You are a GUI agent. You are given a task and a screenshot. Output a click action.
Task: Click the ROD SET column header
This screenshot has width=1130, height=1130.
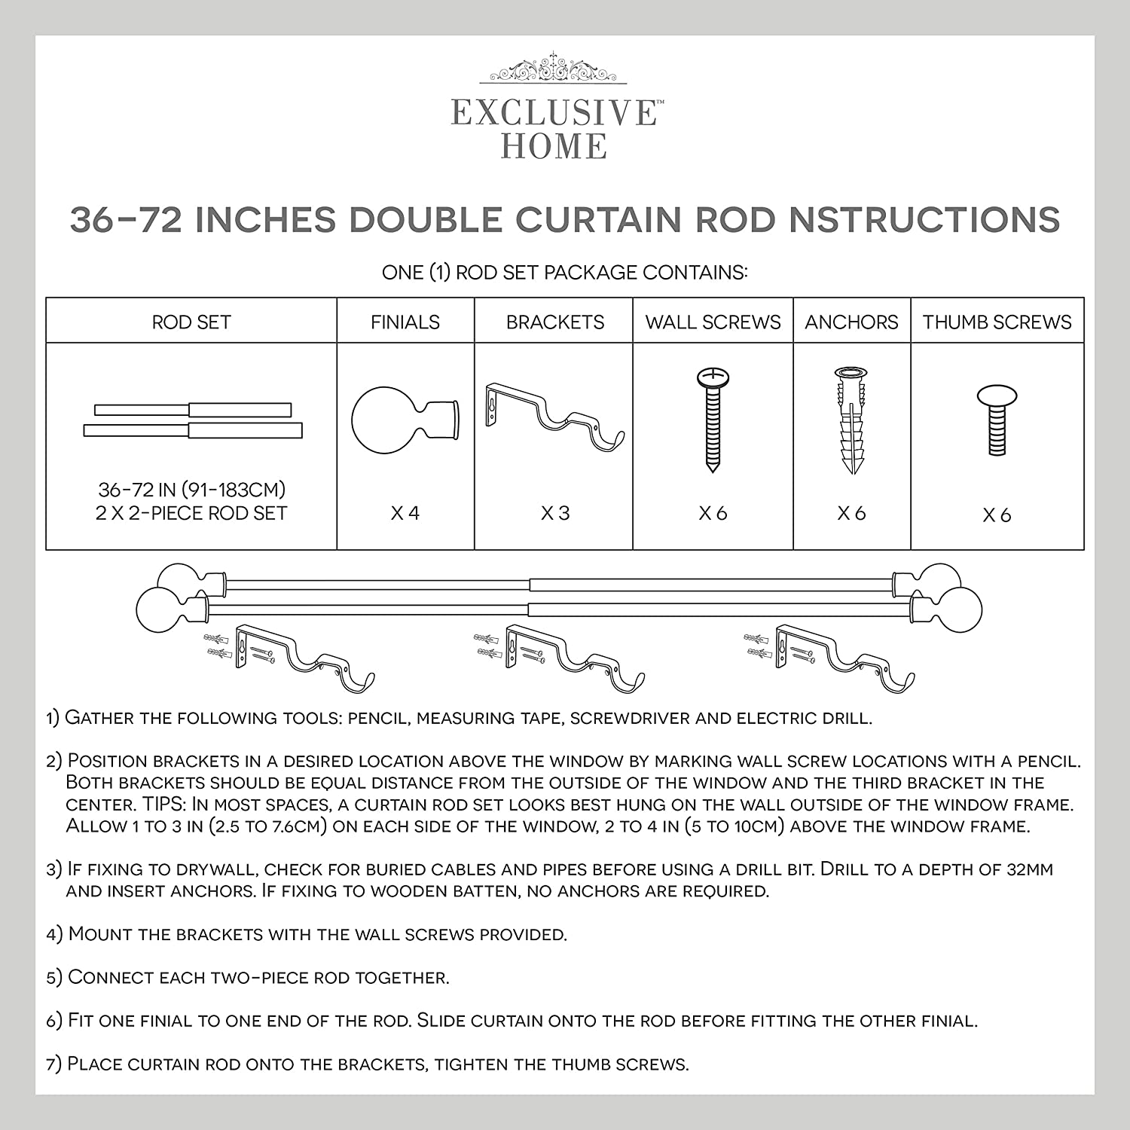point(191,322)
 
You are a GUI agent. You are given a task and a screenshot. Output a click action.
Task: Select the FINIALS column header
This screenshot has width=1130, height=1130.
point(405,322)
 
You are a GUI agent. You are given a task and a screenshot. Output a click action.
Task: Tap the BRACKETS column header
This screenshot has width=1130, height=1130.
point(555,322)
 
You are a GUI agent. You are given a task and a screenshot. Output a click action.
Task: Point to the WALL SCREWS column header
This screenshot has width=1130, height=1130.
point(713,322)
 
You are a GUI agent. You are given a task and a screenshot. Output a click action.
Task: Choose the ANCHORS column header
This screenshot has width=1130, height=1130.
point(851,322)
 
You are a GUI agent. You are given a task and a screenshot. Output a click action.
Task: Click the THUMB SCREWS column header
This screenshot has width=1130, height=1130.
point(997,322)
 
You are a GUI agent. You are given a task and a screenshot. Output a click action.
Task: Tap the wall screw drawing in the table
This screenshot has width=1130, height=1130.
point(712,420)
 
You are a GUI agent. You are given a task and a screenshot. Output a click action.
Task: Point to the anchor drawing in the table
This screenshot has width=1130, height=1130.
point(851,420)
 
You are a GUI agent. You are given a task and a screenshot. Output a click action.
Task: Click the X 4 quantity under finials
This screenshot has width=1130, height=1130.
point(405,514)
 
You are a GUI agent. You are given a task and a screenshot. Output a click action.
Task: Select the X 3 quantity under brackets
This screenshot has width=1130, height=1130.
point(555,514)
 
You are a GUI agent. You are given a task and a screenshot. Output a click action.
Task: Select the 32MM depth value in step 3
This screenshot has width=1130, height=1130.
point(1029,869)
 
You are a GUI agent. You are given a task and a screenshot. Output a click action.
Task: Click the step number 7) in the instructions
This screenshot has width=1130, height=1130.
point(53,1064)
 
